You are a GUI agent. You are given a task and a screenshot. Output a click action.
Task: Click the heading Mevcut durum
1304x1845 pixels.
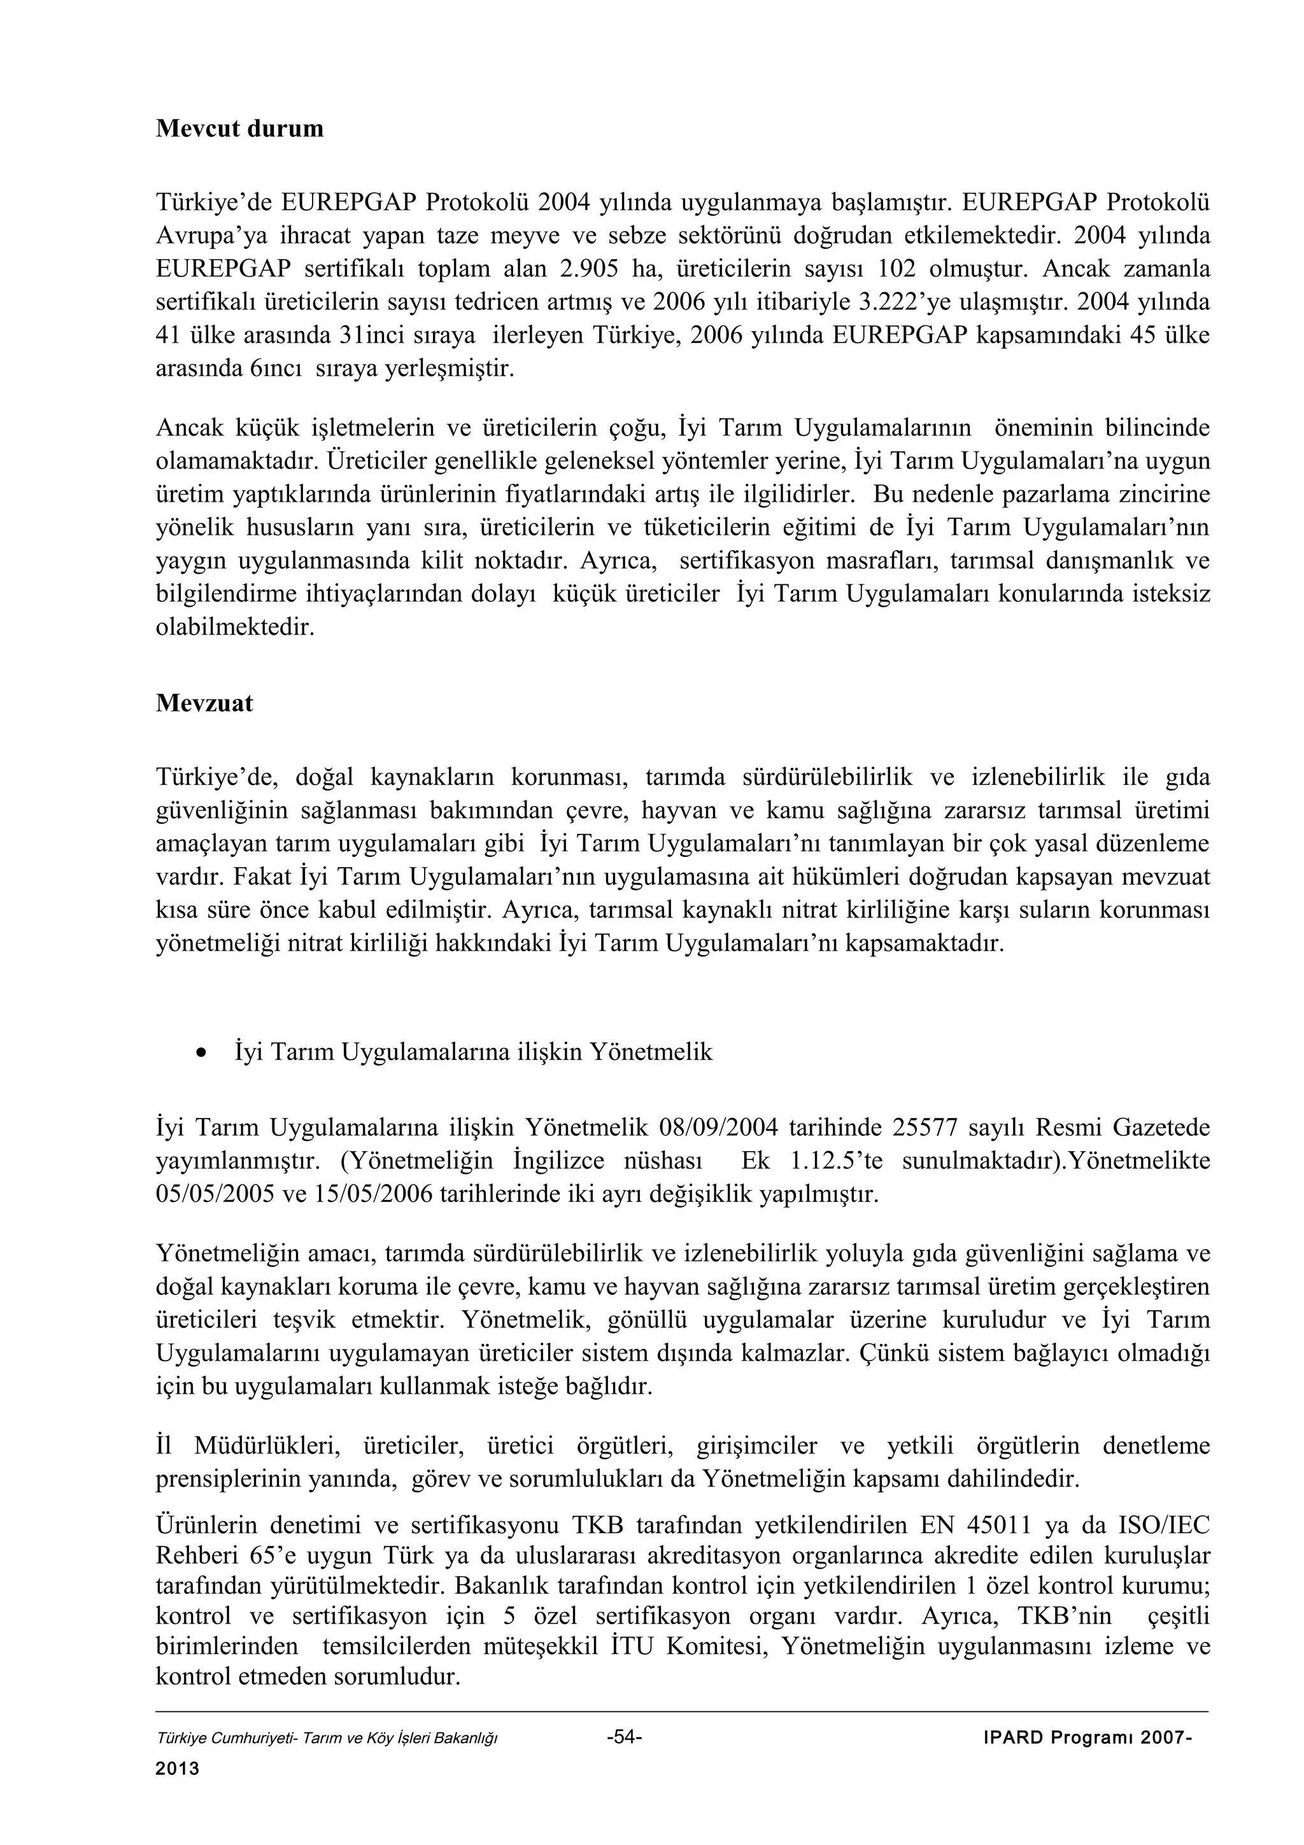click(x=239, y=129)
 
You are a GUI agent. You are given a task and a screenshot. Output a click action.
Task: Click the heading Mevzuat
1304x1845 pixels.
click(x=204, y=703)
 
